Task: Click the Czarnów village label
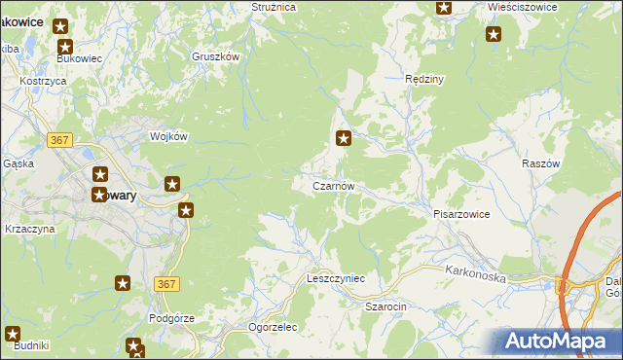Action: coord(339,186)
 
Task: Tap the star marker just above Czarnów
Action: coord(343,139)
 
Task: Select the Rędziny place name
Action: coord(424,79)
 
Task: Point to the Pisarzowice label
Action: coord(460,213)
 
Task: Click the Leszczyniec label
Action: coord(335,278)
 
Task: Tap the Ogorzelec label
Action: coord(273,327)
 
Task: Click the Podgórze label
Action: coord(172,318)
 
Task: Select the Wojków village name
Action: coord(167,136)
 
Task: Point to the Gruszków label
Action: coord(216,56)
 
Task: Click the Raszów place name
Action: coord(541,163)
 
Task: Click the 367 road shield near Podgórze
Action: coord(165,283)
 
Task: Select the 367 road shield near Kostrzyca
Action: coord(60,140)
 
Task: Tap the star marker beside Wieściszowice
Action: coord(494,35)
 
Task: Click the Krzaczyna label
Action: coord(29,229)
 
